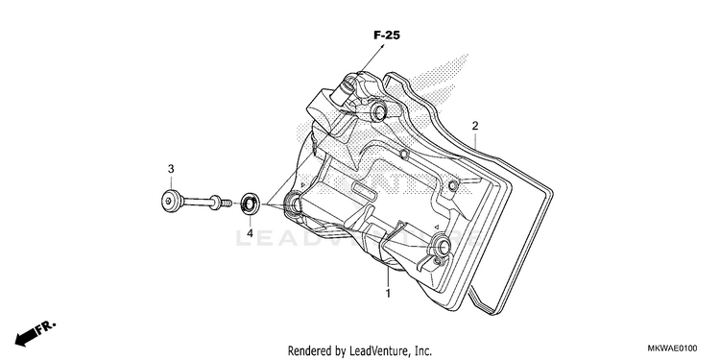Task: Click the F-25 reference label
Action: pyautogui.click(x=386, y=36)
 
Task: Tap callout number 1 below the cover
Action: pyautogui.click(x=388, y=293)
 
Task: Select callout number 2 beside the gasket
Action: pyautogui.click(x=475, y=126)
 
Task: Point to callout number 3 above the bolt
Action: pyautogui.click(x=171, y=169)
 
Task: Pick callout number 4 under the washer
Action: pyautogui.click(x=250, y=233)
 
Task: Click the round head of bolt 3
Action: pyautogui.click(x=171, y=201)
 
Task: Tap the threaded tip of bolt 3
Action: pyautogui.click(x=226, y=203)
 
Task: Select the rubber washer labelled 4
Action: pyautogui.click(x=251, y=204)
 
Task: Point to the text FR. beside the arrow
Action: pyautogui.click(x=47, y=327)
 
